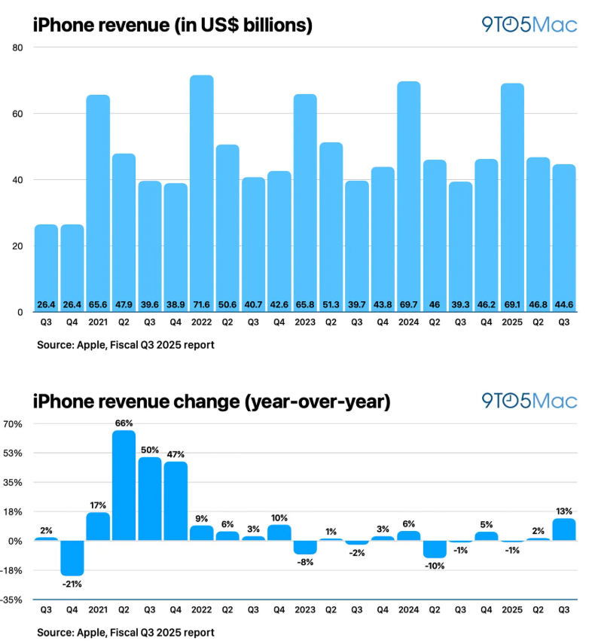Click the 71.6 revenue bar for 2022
coord(201,194)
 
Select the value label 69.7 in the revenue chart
coord(408,305)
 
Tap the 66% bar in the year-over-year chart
coord(124,485)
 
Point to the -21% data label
coord(72,584)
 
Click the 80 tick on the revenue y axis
coord(17,47)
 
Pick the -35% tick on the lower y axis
coord(11,600)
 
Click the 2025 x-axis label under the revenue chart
coord(511,322)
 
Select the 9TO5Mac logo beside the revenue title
coord(529,25)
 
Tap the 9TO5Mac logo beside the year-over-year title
coord(529,401)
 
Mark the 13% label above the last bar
coord(564,511)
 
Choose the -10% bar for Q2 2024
coord(435,549)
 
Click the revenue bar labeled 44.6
coord(564,238)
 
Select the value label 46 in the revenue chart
coord(435,305)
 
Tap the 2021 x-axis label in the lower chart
coord(98,610)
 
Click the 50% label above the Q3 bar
coord(149,450)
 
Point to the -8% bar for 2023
coord(305,548)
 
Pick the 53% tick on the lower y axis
coord(13,453)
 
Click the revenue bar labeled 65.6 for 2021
coord(98,203)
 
